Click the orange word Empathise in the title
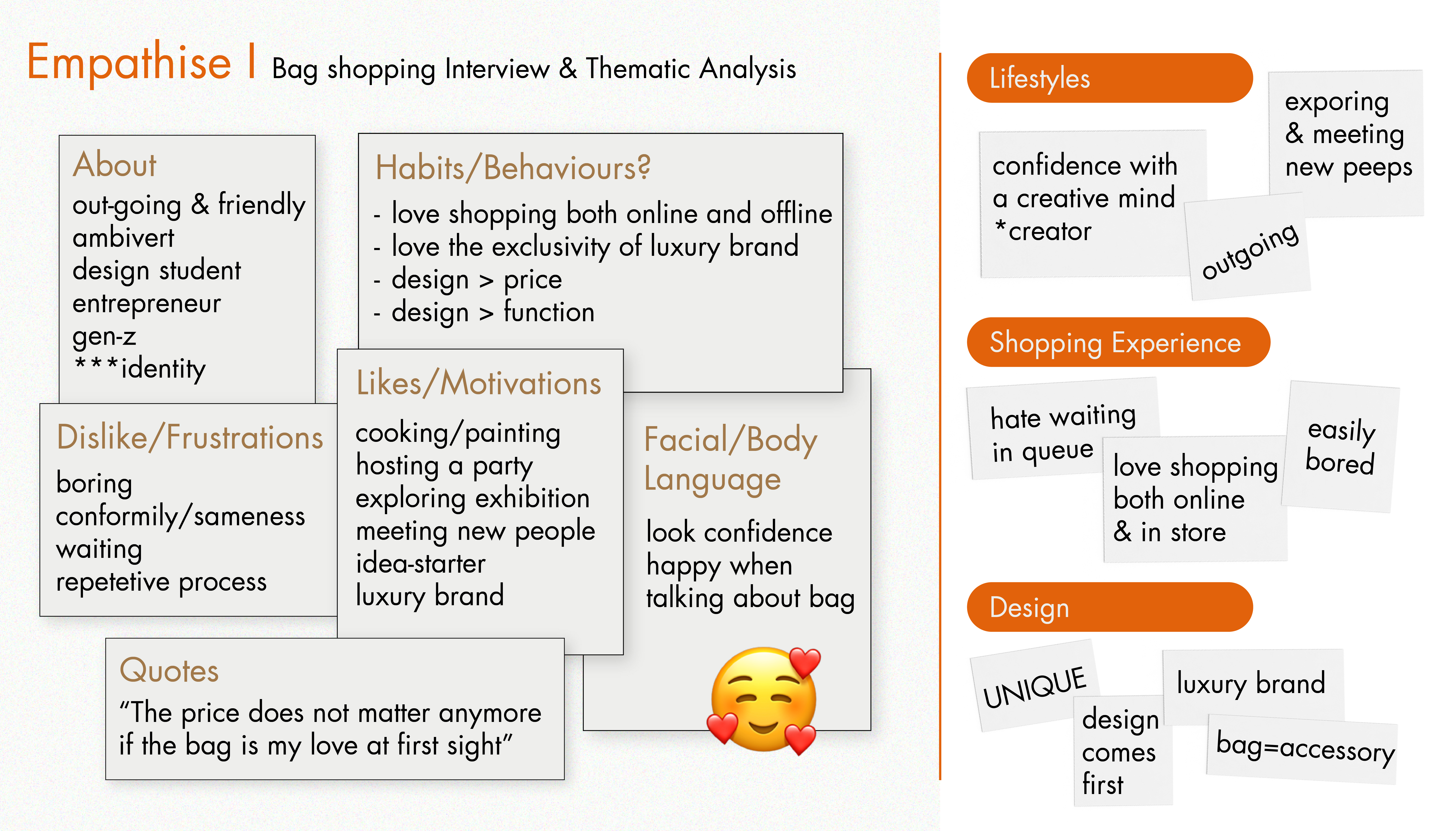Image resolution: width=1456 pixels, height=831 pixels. [129, 63]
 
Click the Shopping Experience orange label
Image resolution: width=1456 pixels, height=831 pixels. [1118, 342]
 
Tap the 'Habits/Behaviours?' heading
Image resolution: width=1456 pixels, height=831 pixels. [513, 168]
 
